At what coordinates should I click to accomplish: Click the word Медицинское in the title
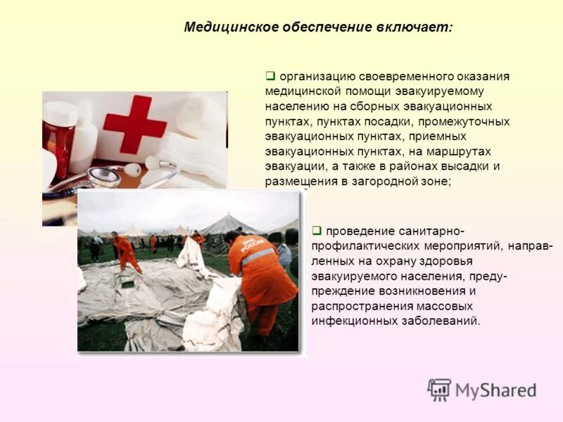point(227,27)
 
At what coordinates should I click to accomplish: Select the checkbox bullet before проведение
point(317,230)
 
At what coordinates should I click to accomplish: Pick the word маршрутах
point(460,151)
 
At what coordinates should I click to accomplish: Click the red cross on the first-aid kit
point(134,124)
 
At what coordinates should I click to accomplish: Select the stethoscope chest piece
point(103,176)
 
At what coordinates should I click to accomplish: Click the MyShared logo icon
point(439,390)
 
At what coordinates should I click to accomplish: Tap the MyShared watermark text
point(495,390)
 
